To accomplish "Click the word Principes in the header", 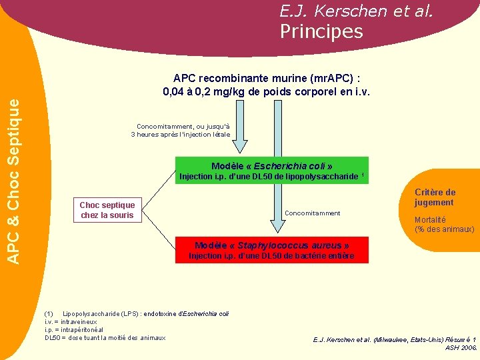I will [321, 31].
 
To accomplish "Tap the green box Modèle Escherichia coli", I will [271, 166].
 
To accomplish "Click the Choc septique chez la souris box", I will [107, 210].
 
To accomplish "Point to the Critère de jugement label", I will [435, 197].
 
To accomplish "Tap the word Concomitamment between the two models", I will [313, 213].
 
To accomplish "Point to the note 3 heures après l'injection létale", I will [181, 135].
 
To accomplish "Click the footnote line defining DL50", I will [105, 338].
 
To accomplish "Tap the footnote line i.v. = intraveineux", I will [71, 321].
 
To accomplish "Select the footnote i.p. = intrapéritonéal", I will [73, 329].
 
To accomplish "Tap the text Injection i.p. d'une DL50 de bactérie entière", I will [271, 256].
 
